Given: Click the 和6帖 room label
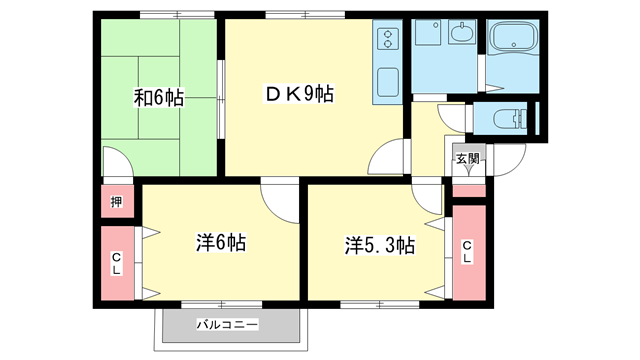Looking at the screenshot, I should (x=158, y=98).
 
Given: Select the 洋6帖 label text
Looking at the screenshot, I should (x=221, y=243).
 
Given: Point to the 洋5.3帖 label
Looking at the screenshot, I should (x=380, y=244).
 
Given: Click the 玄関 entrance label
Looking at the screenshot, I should (x=467, y=159).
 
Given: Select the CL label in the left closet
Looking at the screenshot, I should (x=117, y=263).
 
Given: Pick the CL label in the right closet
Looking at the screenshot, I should (x=467, y=253).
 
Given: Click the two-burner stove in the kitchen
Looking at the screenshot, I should (x=386, y=40).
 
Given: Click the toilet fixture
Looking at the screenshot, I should (x=514, y=121).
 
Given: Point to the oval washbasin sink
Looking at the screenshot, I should (x=462, y=37).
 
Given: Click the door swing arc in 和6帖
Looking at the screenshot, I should (x=114, y=164).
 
